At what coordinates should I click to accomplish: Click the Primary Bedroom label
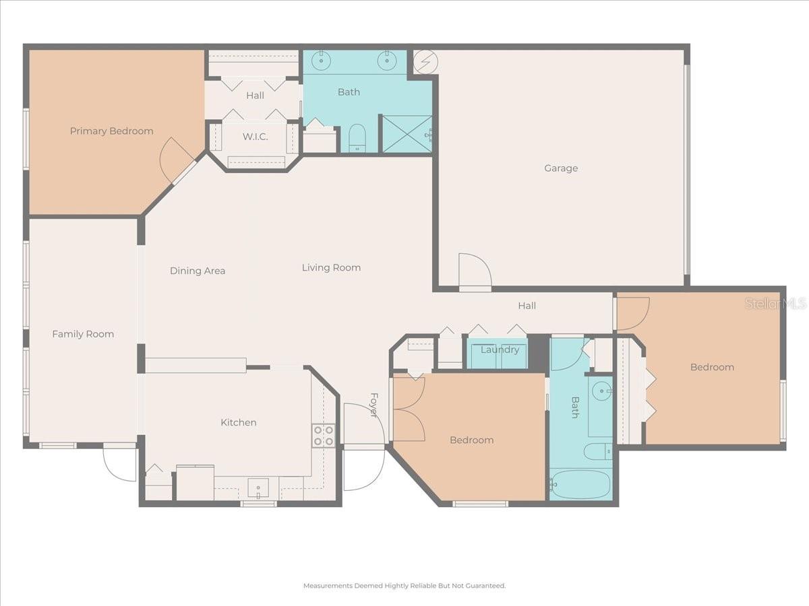[x=111, y=131]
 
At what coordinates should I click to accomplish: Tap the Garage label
[x=561, y=168]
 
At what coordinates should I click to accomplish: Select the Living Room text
[x=331, y=267]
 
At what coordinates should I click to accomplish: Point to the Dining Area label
[x=198, y=271]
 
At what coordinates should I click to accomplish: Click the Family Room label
[x=83, y=334]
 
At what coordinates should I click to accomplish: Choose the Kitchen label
[x=239, y=422]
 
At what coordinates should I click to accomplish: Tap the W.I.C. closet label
[x=255, y=137]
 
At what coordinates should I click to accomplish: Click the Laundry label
[x=500, y=349]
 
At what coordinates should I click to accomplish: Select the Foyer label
[x=373, y=405]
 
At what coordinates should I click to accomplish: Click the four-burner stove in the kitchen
[x=324, y=436]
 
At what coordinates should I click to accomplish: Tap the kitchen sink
[x=258, y=487]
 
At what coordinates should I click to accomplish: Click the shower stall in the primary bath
[x=407, y=134]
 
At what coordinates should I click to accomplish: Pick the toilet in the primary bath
[x=357, y=138]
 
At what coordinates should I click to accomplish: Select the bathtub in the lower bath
[x=580, y=484]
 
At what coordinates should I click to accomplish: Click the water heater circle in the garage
[x=425, y=62]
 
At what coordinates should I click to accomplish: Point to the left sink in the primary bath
[x=322, y=61]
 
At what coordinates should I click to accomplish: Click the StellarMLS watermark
[x=775, y=304]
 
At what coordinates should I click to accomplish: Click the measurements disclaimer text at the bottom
[x=404, y=586]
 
